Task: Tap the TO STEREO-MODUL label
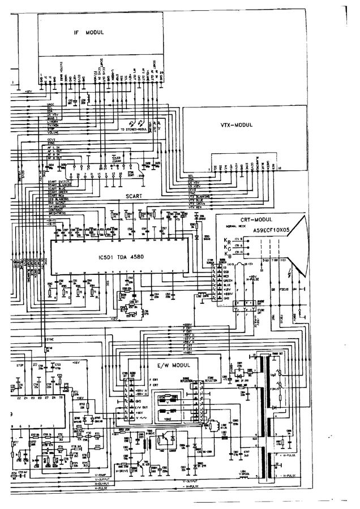coord(134,130)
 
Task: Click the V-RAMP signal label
coord(102,475)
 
